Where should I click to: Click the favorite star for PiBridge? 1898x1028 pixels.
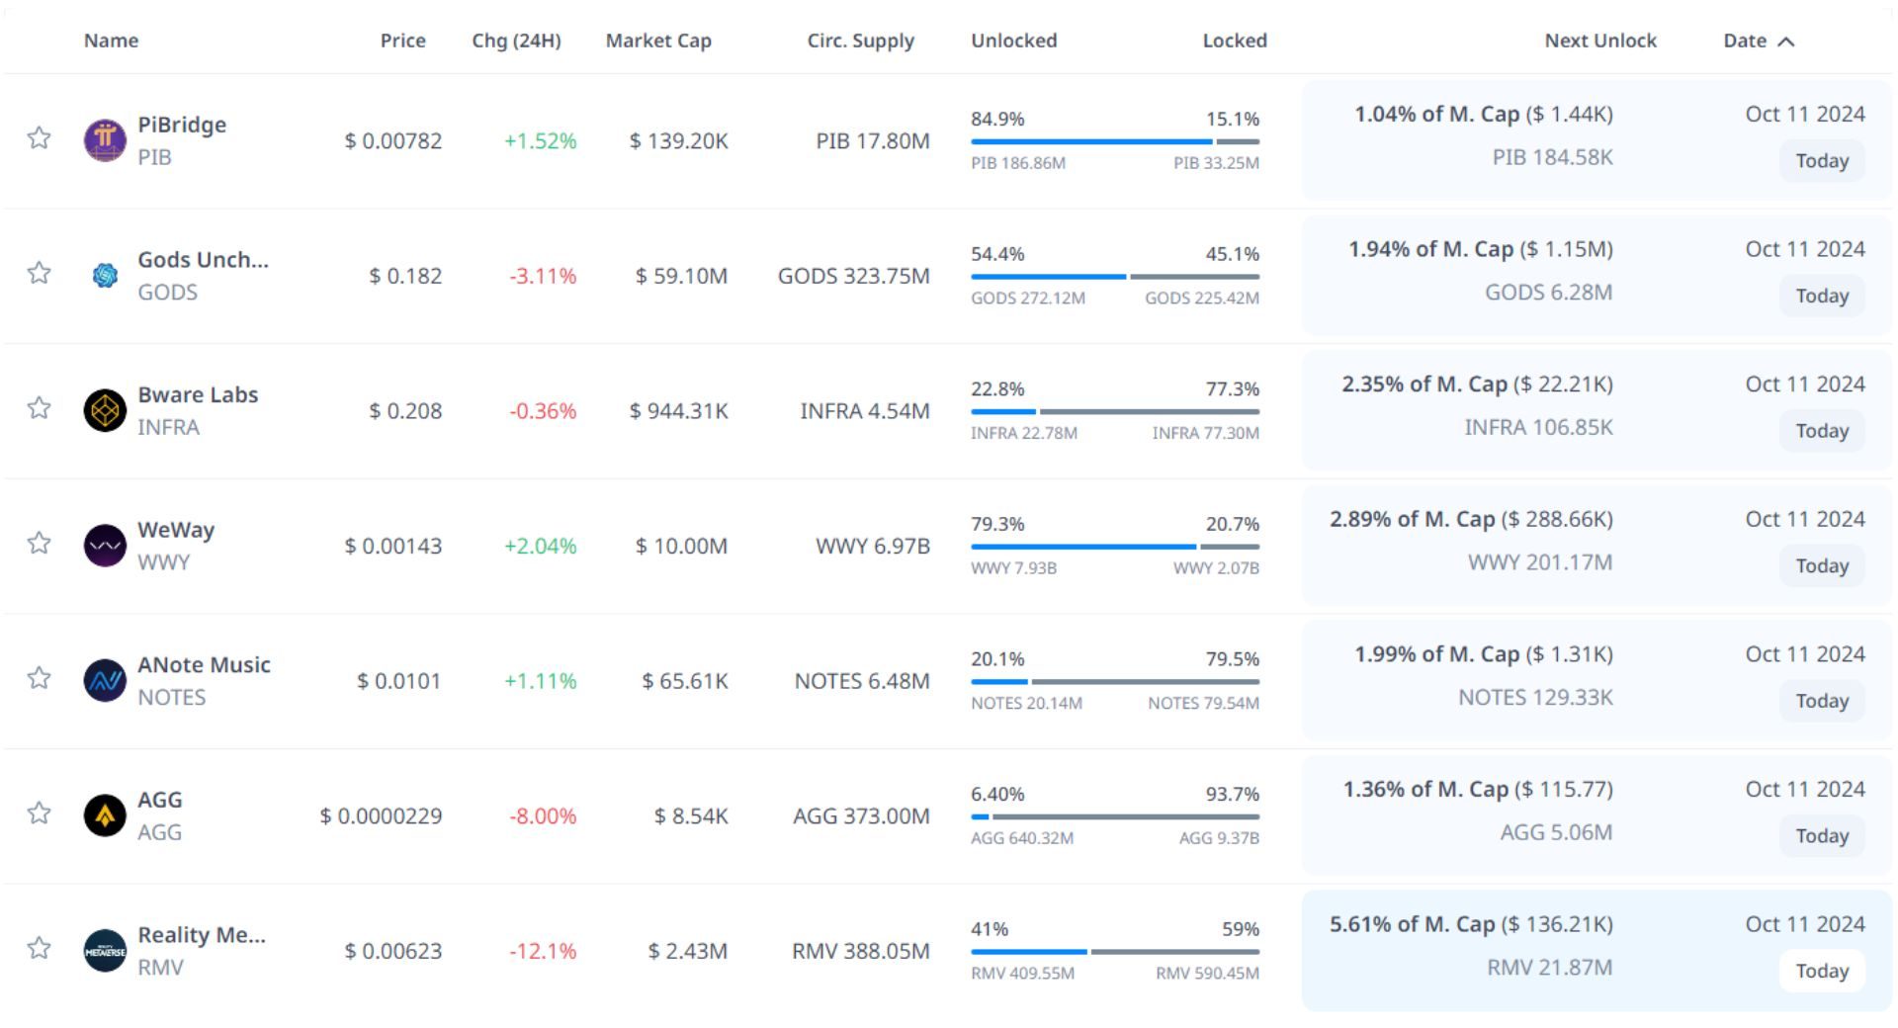[x=39, y=137]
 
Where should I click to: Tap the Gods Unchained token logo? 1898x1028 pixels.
[x=105, y=276]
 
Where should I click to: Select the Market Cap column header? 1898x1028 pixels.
[x=658, y=41]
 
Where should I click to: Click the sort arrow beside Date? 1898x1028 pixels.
[x=1785, y=42]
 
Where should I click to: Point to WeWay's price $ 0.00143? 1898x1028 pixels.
[x=392, y=546]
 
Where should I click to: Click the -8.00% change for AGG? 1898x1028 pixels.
[x=543, y=815]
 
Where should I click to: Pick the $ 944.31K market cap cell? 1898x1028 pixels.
[x=678, y=410]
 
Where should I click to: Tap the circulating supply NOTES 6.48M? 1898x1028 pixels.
[x=862, y=680]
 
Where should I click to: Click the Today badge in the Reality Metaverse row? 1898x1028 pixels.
[x=1822, y=971]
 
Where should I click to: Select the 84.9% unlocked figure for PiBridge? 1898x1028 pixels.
[x=997, y=119]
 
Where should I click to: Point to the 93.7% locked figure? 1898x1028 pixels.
[x=1232, y=794]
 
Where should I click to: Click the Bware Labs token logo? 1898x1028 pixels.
[x=105, y=410]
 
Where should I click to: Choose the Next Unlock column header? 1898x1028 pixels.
[x=1600, y=41]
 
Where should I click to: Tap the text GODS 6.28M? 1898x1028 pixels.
[x=1548, y=293]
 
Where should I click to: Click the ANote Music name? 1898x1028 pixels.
[x=204, y=664]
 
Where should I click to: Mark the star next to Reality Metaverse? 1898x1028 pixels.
[x=39, y=948]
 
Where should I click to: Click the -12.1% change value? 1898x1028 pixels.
[x=543, y=951]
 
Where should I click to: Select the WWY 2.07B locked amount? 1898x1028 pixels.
[x=1216, y=568]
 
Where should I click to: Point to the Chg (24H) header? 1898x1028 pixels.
[x=516, y=41]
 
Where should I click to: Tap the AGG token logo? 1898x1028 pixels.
[x=105, y=815]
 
